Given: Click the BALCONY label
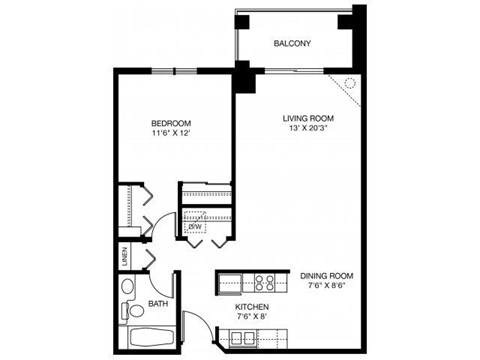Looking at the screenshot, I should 292,43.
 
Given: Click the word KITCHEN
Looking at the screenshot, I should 252,307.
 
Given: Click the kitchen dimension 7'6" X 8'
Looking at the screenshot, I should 252,318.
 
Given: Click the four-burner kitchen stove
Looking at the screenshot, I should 266,281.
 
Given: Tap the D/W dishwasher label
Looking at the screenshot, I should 196,227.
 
